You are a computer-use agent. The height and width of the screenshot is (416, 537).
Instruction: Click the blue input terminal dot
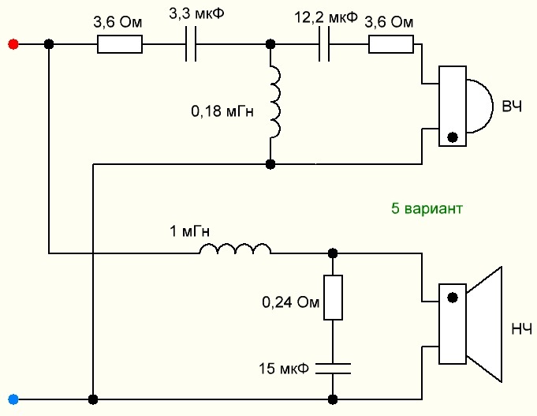(x=12, y=398)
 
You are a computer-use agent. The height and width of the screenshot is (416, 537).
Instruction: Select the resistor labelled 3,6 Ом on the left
(x=120, y=44)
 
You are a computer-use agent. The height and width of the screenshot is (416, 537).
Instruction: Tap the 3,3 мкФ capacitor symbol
(x=190, y=44)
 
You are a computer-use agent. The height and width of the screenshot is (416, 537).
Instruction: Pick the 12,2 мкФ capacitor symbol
(x=324, y=44)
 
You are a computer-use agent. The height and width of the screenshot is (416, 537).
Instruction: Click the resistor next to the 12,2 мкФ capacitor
(x=391, y=44)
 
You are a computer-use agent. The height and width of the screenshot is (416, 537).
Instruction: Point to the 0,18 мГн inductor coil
(x=274, y=102)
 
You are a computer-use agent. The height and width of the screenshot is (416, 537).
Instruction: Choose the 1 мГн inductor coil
(x=235, y=250)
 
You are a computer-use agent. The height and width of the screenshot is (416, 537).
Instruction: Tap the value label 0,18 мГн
(x=222, y=112)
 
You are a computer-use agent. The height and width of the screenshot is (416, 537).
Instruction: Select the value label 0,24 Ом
(x=289, y=302)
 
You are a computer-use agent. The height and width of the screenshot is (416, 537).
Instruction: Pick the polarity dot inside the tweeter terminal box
(x=452, y=136)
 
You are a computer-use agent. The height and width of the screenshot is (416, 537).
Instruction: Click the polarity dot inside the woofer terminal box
(x=452, y=298)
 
